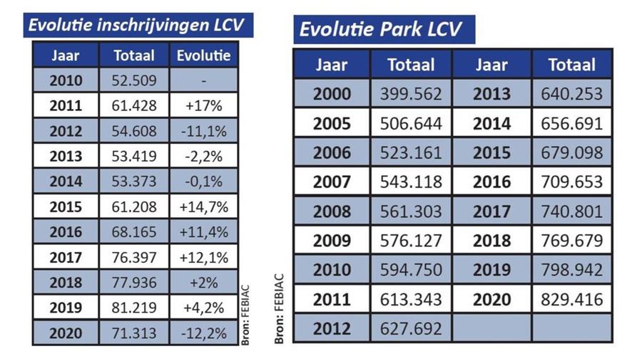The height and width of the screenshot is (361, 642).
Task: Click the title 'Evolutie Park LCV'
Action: (380, 29)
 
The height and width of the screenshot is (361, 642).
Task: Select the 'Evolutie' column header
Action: (203, 55)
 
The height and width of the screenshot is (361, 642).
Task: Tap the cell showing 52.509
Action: (134, 80)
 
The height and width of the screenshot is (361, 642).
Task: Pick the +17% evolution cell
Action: (203, 106)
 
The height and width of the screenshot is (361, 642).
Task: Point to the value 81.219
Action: (134, 308)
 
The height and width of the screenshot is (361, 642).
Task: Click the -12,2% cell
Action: (203, 333)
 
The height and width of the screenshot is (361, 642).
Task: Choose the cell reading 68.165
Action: (134, 232)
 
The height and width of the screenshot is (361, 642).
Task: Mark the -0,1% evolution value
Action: (203, 182)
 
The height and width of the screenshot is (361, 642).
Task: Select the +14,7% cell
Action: (203, 206)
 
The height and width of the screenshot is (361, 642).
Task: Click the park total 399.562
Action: (410, 94)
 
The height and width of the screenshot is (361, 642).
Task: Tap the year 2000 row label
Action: (332, 94)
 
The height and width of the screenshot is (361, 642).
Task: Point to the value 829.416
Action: (571, 299)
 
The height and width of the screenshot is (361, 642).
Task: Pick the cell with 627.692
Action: (410, 329)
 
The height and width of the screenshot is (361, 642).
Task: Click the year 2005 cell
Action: (332, 124)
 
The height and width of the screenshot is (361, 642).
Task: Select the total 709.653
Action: (571, 182)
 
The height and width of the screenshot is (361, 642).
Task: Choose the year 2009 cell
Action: (332, 241)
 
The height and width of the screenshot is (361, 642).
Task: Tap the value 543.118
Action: (410, 182)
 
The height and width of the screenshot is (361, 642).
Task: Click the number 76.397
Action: (134, 257)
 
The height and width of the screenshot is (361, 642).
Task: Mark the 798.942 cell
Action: (571, 270)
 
